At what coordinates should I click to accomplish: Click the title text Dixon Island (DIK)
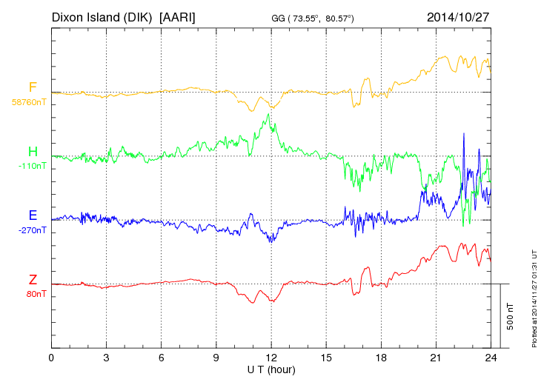pyautogui.click(x=102, y=16)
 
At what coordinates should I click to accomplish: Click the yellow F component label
pyautogui.click(x=33, y=87)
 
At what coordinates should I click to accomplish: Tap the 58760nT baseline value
pyautogui.click(x=28, y=102)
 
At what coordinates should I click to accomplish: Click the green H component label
pyautogui.click(x=33, y=151)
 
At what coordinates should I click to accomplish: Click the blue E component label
pyautogui.click(x=33, y=215)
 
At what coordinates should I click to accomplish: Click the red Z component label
pyautogui.click(x=33, y=279)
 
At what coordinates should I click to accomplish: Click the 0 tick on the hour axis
pyautogui.click(x=51, y=358)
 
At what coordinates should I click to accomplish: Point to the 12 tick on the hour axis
pyautogui.click(x=271, y=358)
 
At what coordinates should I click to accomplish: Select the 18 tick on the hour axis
pyautogui.click(x=382, y=358)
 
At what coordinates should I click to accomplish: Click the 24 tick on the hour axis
pyautogui.click(x=491, y=358)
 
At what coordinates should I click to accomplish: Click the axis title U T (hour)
pyautogui.click(x=271, y=369)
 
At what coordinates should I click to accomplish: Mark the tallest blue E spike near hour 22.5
pyautogui.click(x=464, y=134)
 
